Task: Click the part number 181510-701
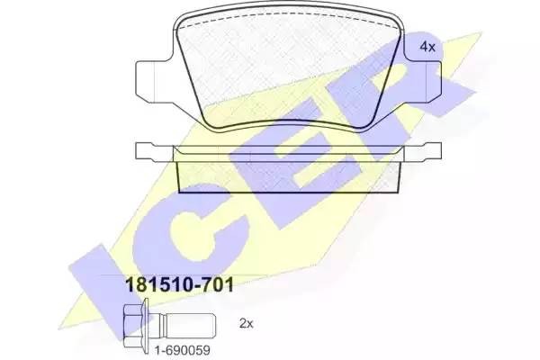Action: [x=181, y=285]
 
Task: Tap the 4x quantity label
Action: [x=427, y=47]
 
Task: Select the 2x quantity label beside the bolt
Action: [x=246, y=323]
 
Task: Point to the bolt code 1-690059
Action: [x=182, y=351]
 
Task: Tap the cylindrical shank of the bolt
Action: [x=188, y=326]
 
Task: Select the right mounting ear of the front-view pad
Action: [x=423, y=81]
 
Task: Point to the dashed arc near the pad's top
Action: [x=289, y=14]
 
